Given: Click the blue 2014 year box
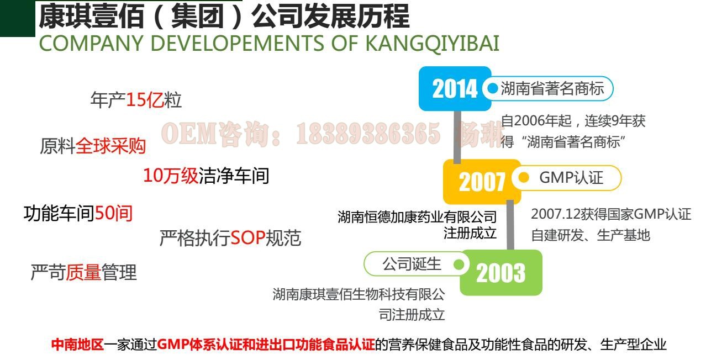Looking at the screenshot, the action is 455,88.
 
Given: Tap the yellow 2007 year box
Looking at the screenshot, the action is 482,182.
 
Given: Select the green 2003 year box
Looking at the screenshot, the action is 501,272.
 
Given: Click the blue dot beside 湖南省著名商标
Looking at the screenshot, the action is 492,88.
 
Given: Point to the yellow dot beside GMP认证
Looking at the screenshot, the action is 524,177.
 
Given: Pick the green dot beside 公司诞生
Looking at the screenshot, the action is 459,264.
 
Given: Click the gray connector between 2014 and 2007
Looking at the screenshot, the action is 457,137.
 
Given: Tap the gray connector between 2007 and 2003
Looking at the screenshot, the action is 510,225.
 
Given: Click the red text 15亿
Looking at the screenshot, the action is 145,100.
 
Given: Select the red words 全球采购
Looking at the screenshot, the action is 110,146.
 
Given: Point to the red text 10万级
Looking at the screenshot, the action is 171,176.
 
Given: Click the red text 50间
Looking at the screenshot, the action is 113,213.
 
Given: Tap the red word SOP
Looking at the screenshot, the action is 248,238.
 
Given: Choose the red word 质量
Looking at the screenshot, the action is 83,272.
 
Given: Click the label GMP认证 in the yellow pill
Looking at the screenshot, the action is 571,178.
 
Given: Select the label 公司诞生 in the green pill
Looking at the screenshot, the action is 412,264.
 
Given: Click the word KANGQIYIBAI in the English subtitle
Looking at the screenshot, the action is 432,43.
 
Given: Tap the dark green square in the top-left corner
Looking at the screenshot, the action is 18,18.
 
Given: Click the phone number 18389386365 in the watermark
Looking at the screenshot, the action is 368,134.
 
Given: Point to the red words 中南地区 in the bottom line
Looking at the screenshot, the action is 77,345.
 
